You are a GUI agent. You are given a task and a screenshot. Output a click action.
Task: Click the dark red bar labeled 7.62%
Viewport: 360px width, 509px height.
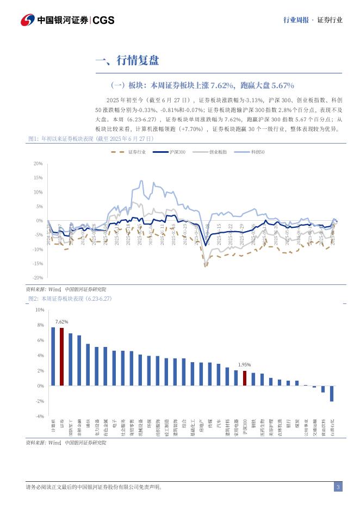tap(61, 357)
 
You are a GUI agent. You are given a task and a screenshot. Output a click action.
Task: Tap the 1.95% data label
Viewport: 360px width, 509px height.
tap(245, 365)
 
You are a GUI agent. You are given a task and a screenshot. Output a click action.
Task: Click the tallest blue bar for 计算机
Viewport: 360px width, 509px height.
tap(53, 356)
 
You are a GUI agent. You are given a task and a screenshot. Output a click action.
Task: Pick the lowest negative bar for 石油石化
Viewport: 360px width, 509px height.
tap(332, 394)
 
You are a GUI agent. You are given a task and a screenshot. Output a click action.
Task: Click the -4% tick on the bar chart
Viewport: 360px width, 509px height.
tap(39, 417)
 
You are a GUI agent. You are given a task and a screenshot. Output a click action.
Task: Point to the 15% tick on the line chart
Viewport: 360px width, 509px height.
tap(39, 178)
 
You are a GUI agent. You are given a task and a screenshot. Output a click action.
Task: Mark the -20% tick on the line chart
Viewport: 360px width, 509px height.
tap(38, 278)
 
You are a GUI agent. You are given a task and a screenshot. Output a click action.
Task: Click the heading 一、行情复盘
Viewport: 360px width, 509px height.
tap(127, 60)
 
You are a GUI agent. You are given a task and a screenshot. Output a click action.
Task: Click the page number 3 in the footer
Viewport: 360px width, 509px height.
tap(338, 487)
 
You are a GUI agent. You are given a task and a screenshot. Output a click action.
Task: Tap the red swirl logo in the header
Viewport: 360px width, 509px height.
tap(28, 21)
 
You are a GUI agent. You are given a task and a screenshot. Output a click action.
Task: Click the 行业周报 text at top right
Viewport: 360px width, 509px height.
tap(296, 20)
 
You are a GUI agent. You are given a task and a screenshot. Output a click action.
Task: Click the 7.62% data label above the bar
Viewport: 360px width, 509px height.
tap(61, 322)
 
